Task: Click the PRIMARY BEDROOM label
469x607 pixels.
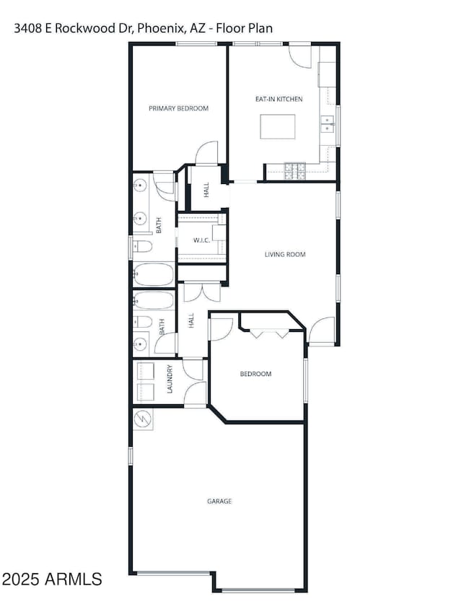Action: [x=178, y=108]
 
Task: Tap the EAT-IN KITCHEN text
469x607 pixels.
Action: [x=279, y=99]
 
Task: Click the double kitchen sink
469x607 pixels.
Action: [x=328, y=124]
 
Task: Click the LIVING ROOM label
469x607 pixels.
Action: [x=285, y=254]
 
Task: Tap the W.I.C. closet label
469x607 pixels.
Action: [x=201, y=240]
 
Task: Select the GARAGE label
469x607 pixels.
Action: [x=220, y=500]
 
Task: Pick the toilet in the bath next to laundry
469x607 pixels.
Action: [x=142, y=321]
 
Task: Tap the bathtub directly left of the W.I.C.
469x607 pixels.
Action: [x=153, y=274]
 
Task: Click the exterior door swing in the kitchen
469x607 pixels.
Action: [x=299, y=56]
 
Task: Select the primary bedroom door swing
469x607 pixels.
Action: [x=207, y=152]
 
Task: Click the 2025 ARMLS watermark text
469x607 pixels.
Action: [x=52, y=578]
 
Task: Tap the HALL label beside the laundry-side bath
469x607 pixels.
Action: [x=191, y=320]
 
